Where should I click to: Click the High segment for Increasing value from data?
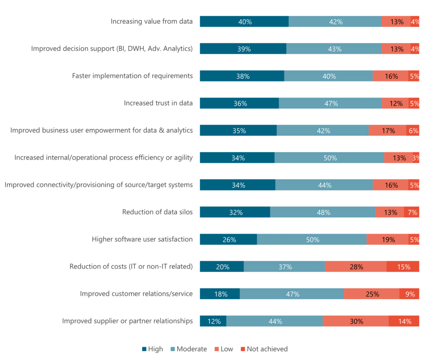click(244, 22)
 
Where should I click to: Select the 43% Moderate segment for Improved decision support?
click(334, 49)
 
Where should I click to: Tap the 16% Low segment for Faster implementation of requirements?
click(390, 76)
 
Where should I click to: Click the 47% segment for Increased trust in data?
click(330, 103)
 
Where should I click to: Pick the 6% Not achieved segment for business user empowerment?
click(413, 131)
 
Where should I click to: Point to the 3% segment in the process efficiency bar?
click(416, 158)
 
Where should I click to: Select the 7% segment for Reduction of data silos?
click(412, 212)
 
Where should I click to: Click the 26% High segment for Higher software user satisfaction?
click(229, 239)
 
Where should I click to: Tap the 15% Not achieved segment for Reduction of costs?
click(403, 267)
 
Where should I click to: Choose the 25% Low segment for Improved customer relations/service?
click(372, 294)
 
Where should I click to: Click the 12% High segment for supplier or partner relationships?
click(213, 321)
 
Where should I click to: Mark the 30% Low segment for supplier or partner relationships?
click(356, 321)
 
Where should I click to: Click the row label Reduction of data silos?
click(157, 212)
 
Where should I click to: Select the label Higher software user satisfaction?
click(142, 239)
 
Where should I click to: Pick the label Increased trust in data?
click(158, 103)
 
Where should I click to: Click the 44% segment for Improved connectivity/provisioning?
click(324, 185)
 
